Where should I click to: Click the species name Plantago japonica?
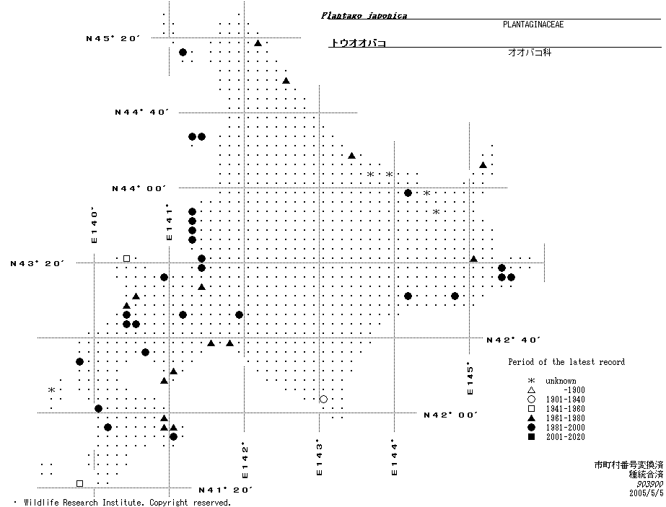[x=364, y=15]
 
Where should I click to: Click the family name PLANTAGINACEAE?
[x=533, y=25]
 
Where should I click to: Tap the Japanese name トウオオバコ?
[x=358, y=43]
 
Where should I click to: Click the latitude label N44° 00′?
[x=139, y=188]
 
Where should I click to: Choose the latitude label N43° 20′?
[x=38, y=263]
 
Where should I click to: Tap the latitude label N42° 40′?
[x=514, y=339]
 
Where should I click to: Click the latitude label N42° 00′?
[x=451, y=415]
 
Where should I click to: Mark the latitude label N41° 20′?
[x=225, y=490]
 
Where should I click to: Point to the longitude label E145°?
[x=470, y=378]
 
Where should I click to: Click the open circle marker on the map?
[x=323, y=399]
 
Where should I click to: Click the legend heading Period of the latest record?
[x=566, y=362]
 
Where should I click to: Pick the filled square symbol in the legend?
[x=531, y=437]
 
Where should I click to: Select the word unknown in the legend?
[x=561, y=381]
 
